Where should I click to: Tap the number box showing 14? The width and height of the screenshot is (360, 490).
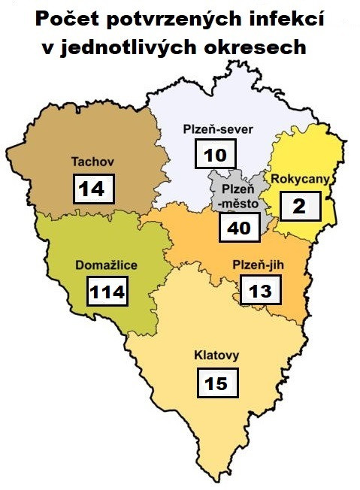point(93,188)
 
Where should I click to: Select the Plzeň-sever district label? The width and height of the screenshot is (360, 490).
point(219,129)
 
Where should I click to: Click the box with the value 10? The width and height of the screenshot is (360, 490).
point(215,156)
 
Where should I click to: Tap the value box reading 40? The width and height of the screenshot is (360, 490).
point(239,227)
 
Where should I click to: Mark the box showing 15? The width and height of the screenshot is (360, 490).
point(216,383)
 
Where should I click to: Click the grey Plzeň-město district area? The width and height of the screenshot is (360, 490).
point(225,180)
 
